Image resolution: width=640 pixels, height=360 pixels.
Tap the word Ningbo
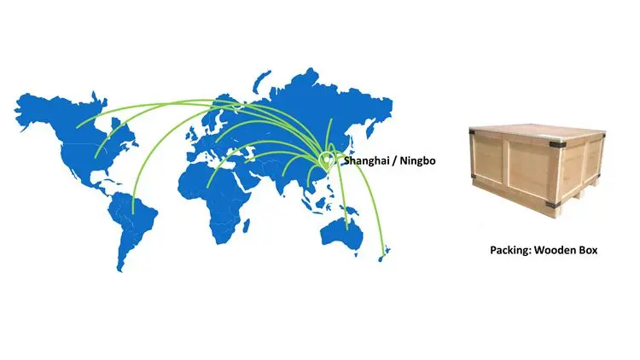(413, 160)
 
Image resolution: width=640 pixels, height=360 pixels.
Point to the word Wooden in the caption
(556, 251)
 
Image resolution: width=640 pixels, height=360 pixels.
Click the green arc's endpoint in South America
(133, 212)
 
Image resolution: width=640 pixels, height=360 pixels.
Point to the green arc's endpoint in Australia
(347, 229)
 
